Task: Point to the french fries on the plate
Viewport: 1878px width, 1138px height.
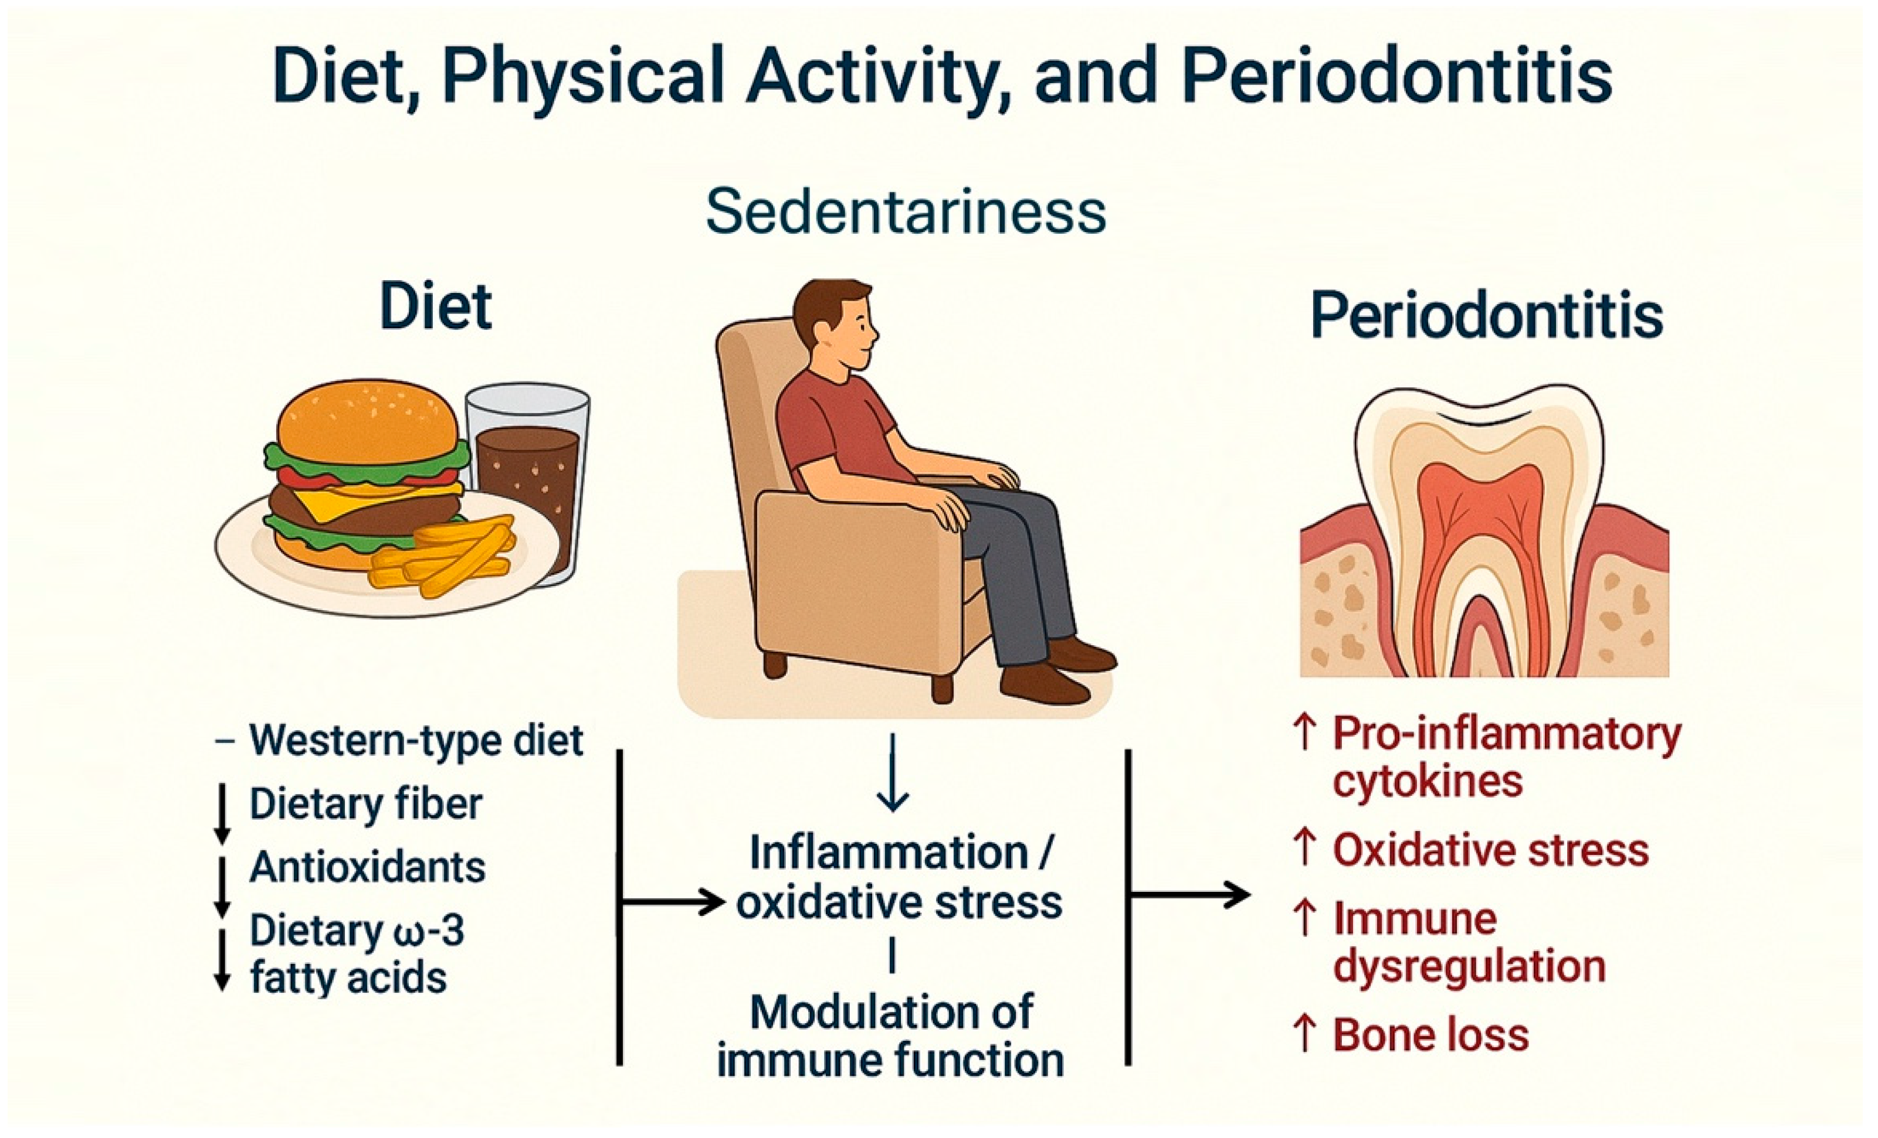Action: pyautogui.click(x=442, y=554)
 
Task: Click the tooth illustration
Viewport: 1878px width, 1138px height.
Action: pyautogui.click(x=1484, y=533)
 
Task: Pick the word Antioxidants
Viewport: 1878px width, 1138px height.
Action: pyautogui.click(x=367, y=867)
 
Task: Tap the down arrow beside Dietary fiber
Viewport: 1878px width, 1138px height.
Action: pyautogui.click(x=222, y=813)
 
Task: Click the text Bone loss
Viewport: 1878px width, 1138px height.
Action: pyautogui.click(x=1430, y=1035)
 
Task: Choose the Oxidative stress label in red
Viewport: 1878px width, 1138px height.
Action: pyautogui.click(x=1491, y=851)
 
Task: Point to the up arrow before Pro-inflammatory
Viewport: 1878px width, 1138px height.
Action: pyautogui.click(x=1305, y=732)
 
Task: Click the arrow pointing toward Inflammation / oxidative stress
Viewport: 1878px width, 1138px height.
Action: pyautogui.click(x=673, y=902)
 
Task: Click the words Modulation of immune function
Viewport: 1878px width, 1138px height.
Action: pyautogui.click(x=891, y=1036)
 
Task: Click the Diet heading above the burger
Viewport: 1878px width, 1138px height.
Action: pyautogui.click(x=436, y=306)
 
